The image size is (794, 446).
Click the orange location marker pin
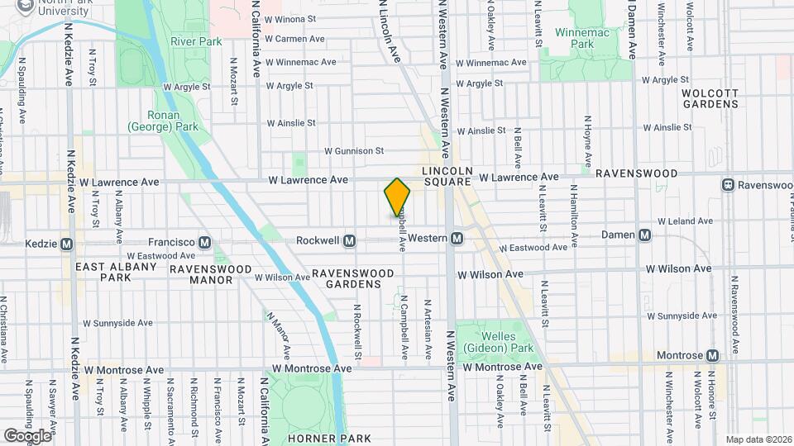point(397,197)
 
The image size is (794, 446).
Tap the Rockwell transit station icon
point(349,240)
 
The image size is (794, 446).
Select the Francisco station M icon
point(205,242)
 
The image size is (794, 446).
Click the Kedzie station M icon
point(67,244)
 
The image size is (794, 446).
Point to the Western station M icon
point(456,239)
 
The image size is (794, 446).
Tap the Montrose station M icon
point(712,354)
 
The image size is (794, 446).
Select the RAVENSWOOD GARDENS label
point(346,278)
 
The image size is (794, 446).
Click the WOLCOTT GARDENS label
point(710,98)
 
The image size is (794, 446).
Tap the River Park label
point(192,41)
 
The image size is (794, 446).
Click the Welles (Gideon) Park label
point(489,343)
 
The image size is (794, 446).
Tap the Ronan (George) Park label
point(163,121)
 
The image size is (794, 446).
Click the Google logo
point(27,435)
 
